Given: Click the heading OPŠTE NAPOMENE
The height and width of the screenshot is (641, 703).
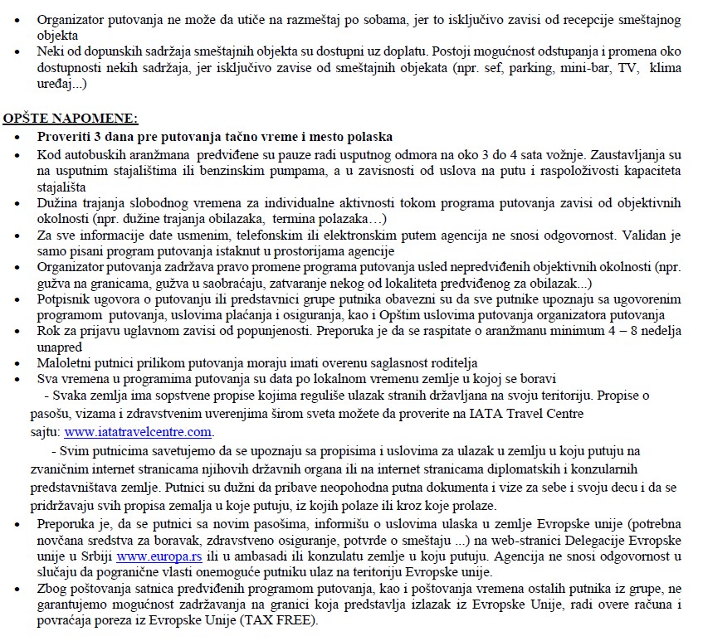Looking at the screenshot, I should click(71, 119).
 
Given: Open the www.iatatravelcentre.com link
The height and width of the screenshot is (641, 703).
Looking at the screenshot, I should click(139, 432).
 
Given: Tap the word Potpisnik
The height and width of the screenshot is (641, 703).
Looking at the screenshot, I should click(65, 299).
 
